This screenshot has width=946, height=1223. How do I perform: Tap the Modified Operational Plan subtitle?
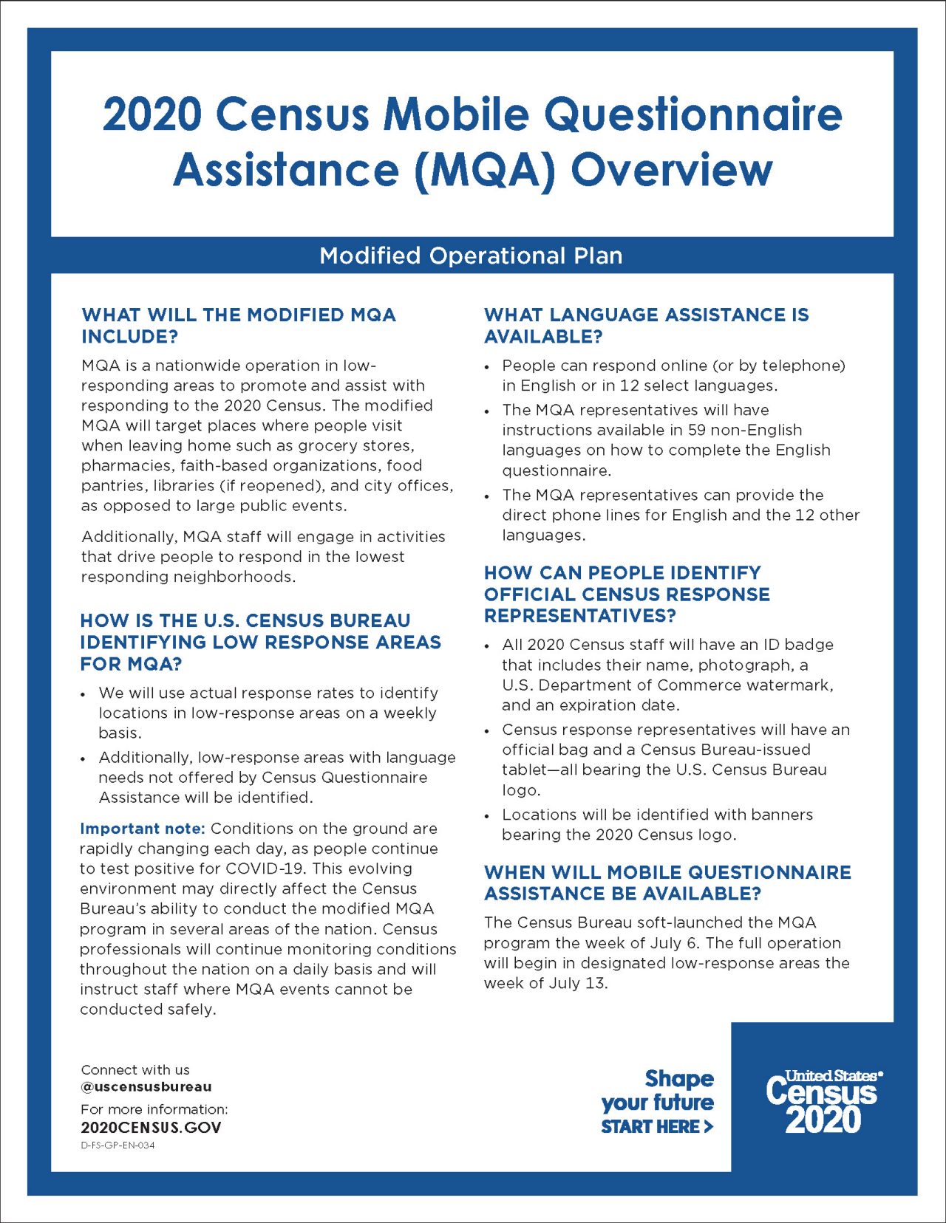click(x=471, y=256)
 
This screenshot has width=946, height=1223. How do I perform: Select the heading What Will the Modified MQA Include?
click(x=239, y=325)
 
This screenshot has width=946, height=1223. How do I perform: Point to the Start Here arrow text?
click(x=656, y=1127)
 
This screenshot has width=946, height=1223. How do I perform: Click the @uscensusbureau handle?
click(x=146, y=1087)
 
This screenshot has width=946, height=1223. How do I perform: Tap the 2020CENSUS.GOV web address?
click(x=151, y=1128)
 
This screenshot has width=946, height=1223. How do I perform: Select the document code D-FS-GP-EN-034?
click(x=118, y=1145)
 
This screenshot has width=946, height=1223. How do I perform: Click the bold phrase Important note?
click(x=142, y=829)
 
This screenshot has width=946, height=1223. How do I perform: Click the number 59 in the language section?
click(x=696, y=430)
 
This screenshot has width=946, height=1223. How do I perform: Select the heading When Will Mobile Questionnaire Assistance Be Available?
click(x=667, y=883)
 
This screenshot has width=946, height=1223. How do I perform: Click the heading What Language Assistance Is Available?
click(x=646, y=325)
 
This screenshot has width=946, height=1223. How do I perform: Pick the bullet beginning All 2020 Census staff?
click(x=667, y=674)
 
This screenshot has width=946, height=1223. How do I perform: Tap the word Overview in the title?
click(x=671, y=170)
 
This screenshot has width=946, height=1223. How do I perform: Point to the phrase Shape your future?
click(x=658, y=1090)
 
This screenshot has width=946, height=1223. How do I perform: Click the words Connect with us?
click(x=135, y=1070)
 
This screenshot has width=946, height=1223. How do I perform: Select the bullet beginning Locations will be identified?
click(x=657, y=824)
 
